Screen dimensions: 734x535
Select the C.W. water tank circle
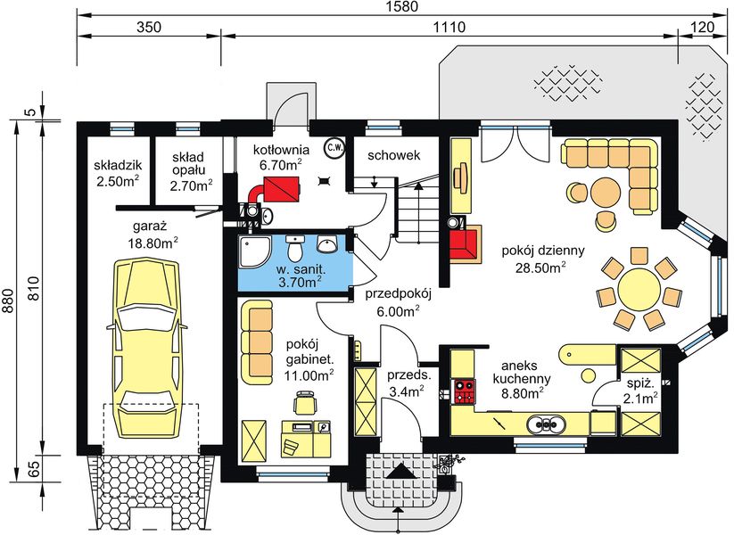[334, 148]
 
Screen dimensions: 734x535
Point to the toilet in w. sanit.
[295, 248]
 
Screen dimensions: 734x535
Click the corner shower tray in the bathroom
[255, 251]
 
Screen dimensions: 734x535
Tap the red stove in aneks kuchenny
[465, 391]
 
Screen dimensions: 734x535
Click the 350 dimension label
[149, 27]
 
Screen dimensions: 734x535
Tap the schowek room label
[393, 155]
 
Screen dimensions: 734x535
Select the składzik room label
[118, 165]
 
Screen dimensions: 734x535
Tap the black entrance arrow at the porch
[400, 471]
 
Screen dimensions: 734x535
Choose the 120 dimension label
[703, 27]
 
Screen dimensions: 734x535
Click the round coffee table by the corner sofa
[606, 193]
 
